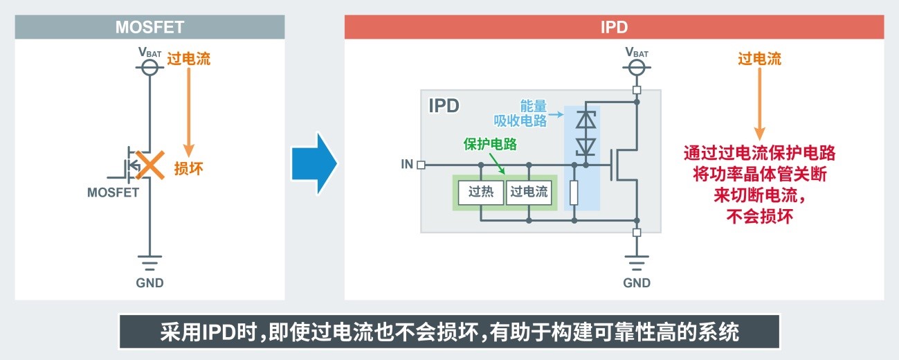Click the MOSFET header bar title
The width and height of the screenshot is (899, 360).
[x=149, y=27]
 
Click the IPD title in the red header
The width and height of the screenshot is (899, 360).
[x=613, y=27]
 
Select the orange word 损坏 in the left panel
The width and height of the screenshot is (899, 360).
[x=188, y=168]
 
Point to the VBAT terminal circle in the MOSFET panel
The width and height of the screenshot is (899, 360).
[x=149, y=67]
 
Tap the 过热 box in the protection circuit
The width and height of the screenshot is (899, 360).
[x=481, y=192]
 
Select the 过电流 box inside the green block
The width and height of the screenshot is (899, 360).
[x=529, y=192]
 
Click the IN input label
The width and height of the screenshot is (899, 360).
[x=407, y=165]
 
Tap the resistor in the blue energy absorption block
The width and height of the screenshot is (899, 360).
[x=574, y=193]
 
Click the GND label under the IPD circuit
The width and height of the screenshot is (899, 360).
[x=637, y=282]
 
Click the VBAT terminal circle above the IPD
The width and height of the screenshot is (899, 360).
[x=637, y=67]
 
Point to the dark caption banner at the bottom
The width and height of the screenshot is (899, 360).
[x=449, y=332]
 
